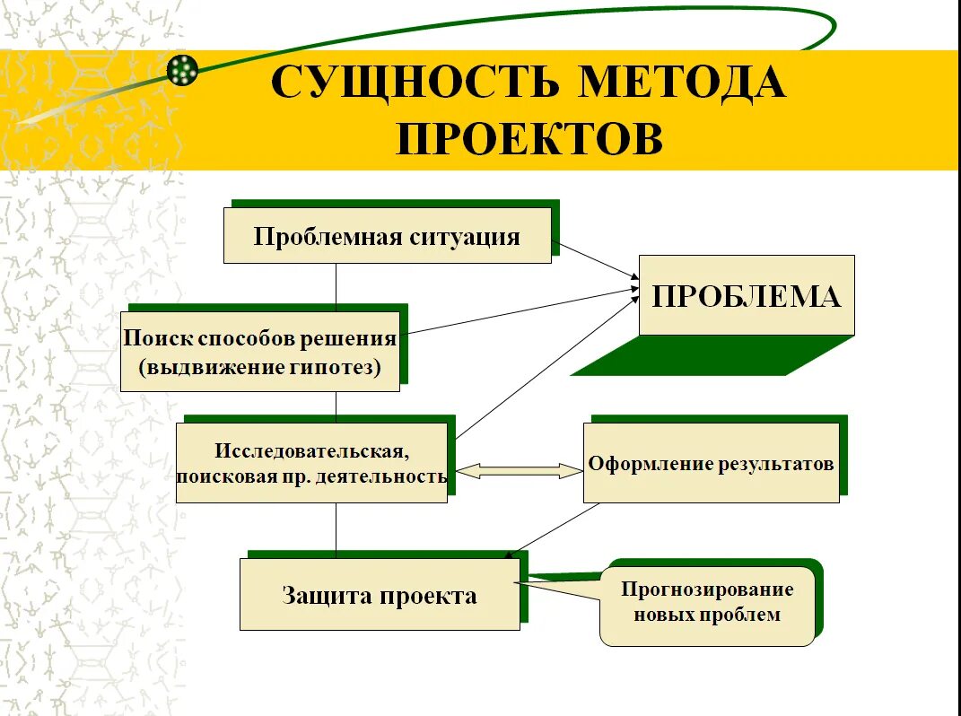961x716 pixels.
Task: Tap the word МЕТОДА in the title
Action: [x=683, y=83]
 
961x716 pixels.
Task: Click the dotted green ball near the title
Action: [x=182, y=70]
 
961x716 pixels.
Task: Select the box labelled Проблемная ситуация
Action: [x=387, y=236]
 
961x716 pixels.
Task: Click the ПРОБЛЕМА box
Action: [x=746, y=295]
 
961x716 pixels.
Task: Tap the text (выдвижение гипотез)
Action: [x=259, y=366]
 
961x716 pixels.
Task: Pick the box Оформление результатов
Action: [x=711, y=463]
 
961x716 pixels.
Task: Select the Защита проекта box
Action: [x=379, y=595]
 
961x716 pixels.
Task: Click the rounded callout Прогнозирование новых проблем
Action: [x=707, y=602]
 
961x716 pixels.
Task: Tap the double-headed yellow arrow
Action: [x=520, y=471]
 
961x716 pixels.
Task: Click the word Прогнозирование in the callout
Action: [x=707, y=589]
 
